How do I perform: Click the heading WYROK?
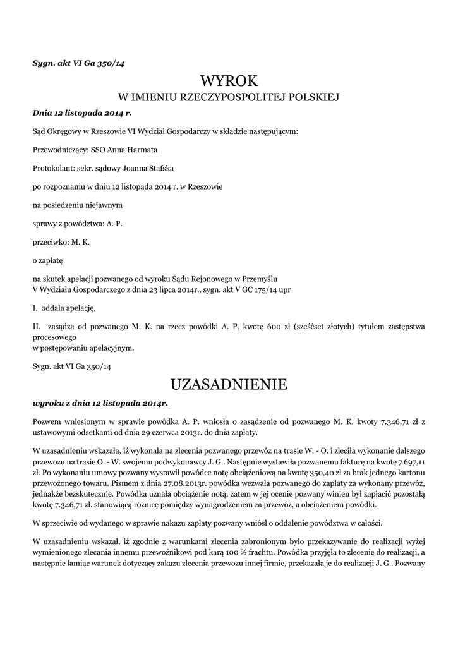tap(229, 81)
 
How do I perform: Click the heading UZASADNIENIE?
tap(229, 384)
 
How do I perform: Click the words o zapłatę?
tap(44, 260)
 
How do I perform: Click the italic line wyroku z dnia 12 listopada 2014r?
tap(100, 402)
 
